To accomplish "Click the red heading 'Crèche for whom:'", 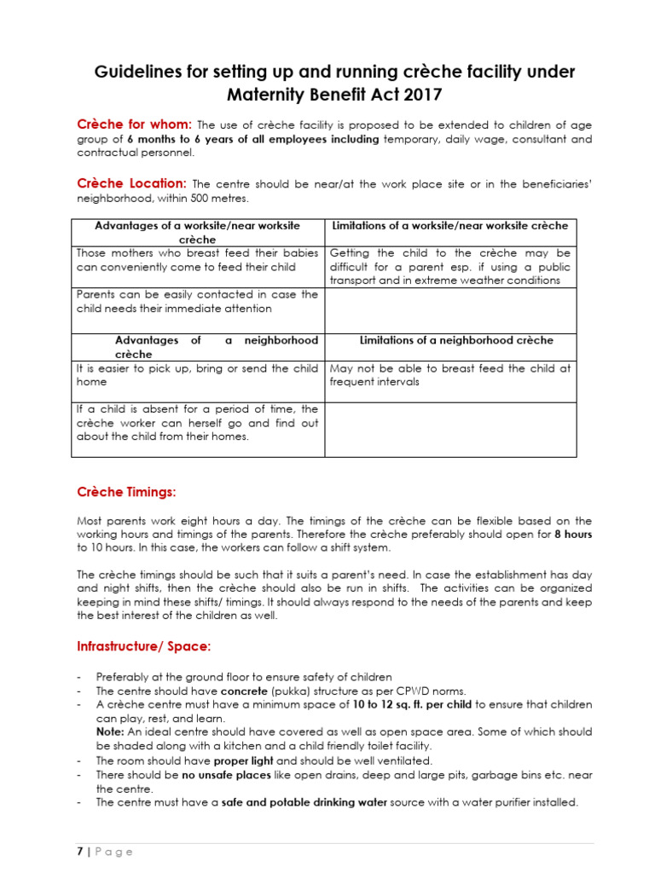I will pos(135,124).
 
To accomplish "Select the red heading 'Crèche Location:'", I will pos(131,183).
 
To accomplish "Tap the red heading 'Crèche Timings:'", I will pos(126,492).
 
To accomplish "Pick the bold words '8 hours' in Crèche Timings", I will pos(573,535).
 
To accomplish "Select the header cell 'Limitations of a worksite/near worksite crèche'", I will pos(449,226).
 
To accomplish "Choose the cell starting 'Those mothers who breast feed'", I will pos(197,260).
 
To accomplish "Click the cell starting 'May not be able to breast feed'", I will pos(449,375).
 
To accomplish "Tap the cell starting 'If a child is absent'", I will pos(197,423).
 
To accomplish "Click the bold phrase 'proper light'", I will pos(243,760).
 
